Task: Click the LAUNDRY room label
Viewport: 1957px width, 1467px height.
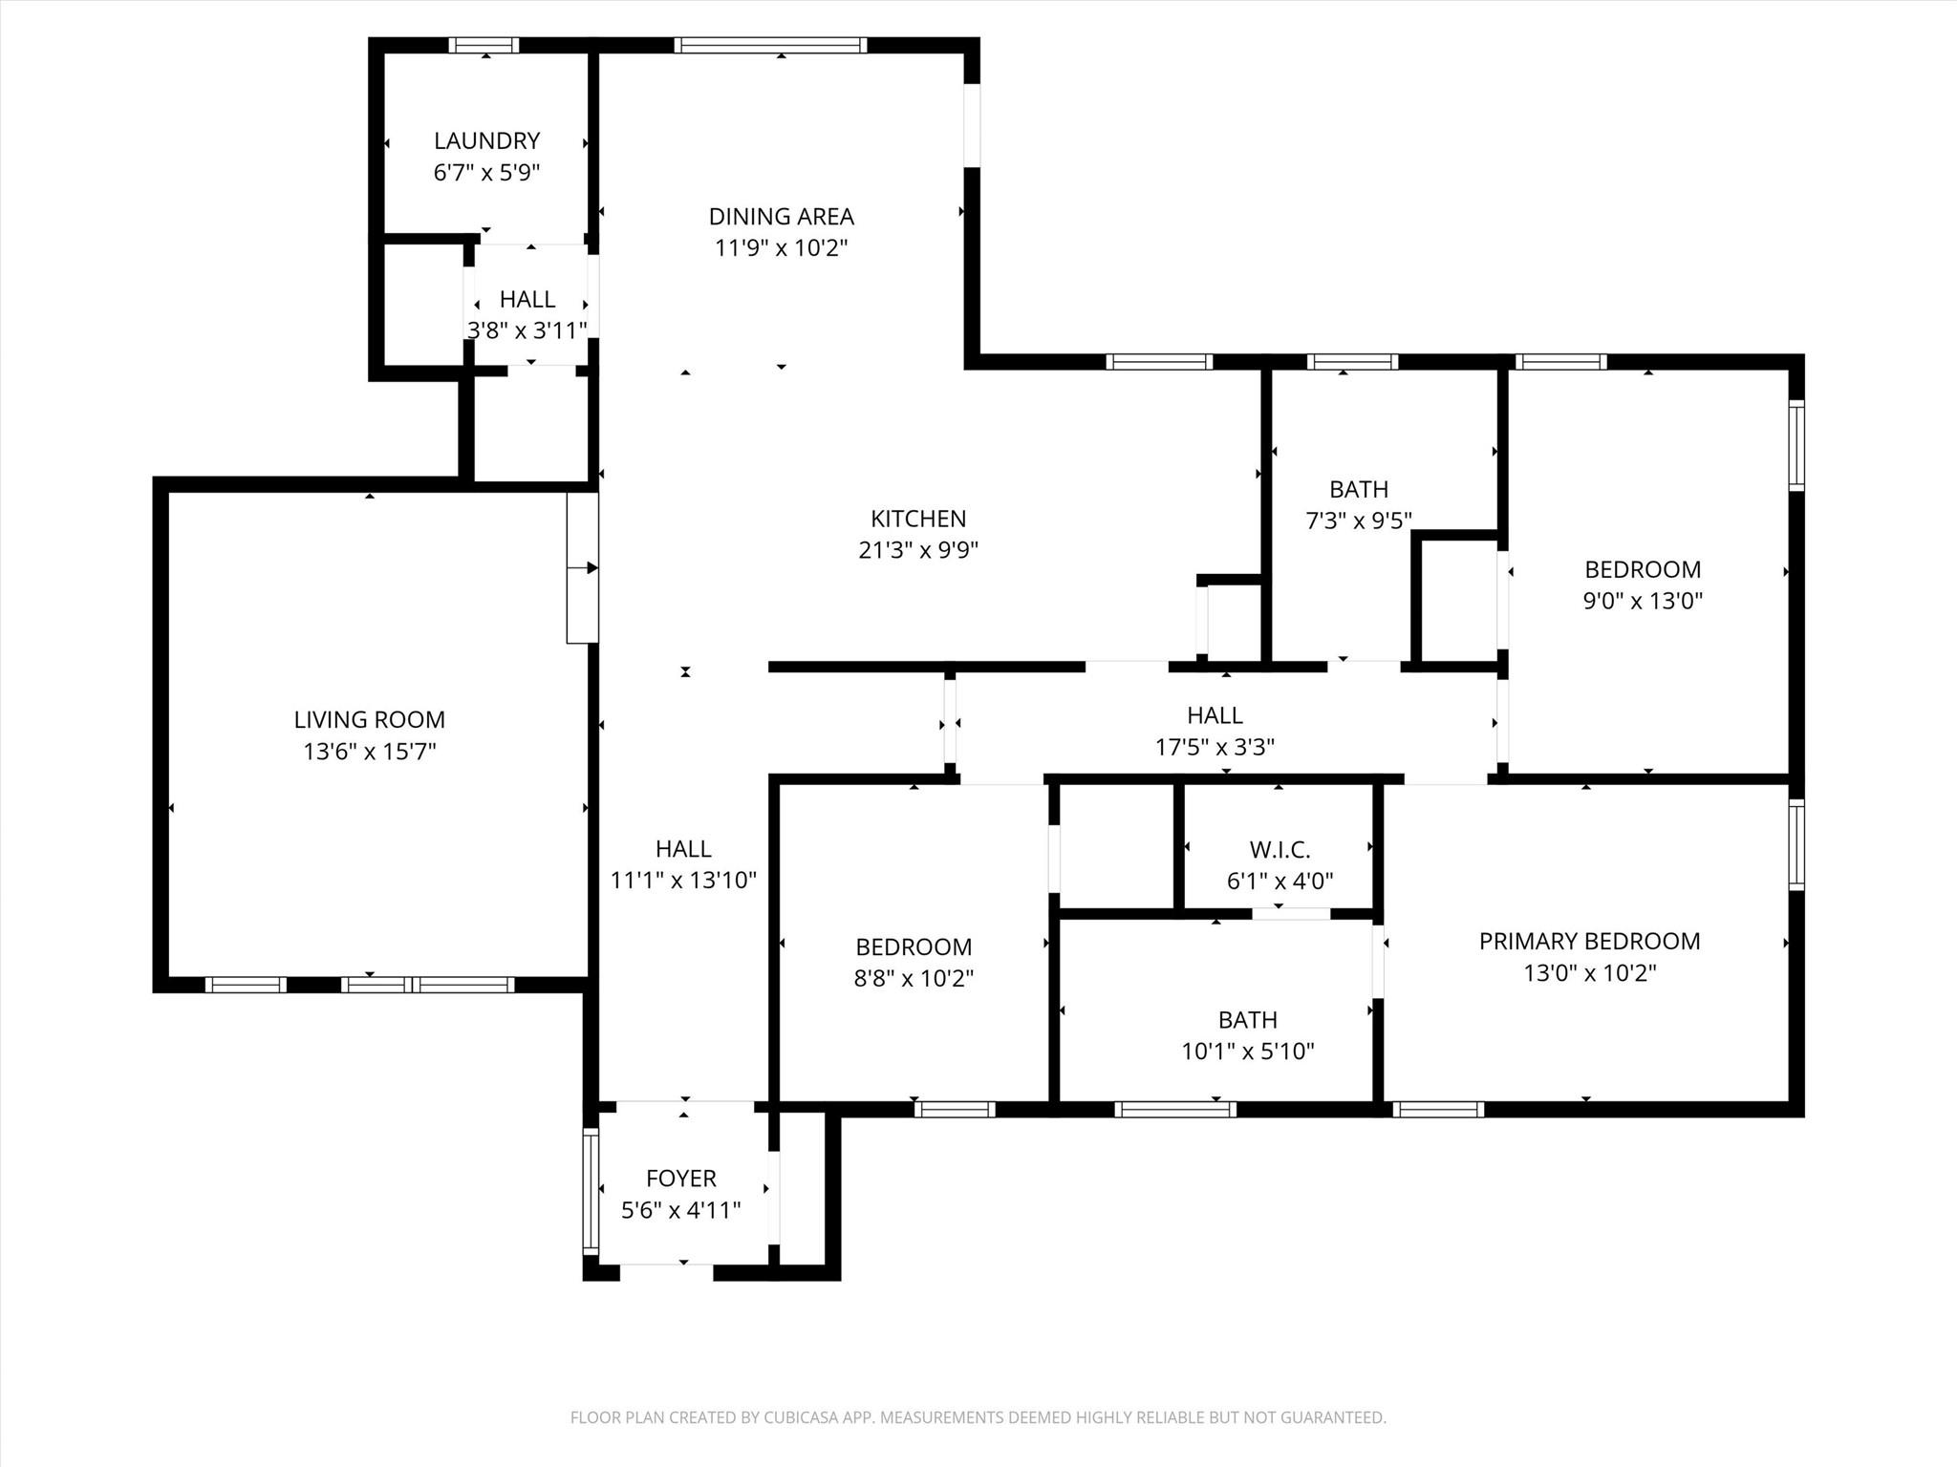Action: coord(486,140)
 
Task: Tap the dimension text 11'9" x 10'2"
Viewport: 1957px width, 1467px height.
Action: coord(781,248)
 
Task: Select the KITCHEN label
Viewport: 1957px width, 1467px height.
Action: coord(917,519)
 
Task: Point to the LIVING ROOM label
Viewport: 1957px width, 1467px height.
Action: coord(369,719)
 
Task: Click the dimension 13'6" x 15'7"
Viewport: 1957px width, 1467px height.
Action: coord(369,752)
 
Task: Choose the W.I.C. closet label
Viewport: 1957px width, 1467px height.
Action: coord(1280,849)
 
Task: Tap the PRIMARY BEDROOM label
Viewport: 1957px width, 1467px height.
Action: coord(1589,941)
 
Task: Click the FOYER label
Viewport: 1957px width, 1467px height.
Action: coord(680,1178)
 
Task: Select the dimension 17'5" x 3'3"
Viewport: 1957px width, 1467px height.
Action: coord(1215,747)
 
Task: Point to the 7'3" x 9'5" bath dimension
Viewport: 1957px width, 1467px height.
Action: coord(1358,521)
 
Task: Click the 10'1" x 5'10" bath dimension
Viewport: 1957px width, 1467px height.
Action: coord(1247,1052)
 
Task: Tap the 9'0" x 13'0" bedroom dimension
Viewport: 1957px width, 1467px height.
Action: coord(1643,601)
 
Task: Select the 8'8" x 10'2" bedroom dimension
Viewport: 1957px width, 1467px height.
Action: coord(913,979)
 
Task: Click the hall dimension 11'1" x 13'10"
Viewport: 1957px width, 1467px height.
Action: coord(683,880)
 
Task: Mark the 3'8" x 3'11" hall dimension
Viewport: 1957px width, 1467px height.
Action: coord(527,330)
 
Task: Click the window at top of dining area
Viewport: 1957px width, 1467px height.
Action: coord(770,45)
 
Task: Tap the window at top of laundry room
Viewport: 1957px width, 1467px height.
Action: coord(484,45)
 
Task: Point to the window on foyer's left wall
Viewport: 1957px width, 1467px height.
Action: coord(591,1190)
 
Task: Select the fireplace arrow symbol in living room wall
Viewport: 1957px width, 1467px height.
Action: coord(582,568)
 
